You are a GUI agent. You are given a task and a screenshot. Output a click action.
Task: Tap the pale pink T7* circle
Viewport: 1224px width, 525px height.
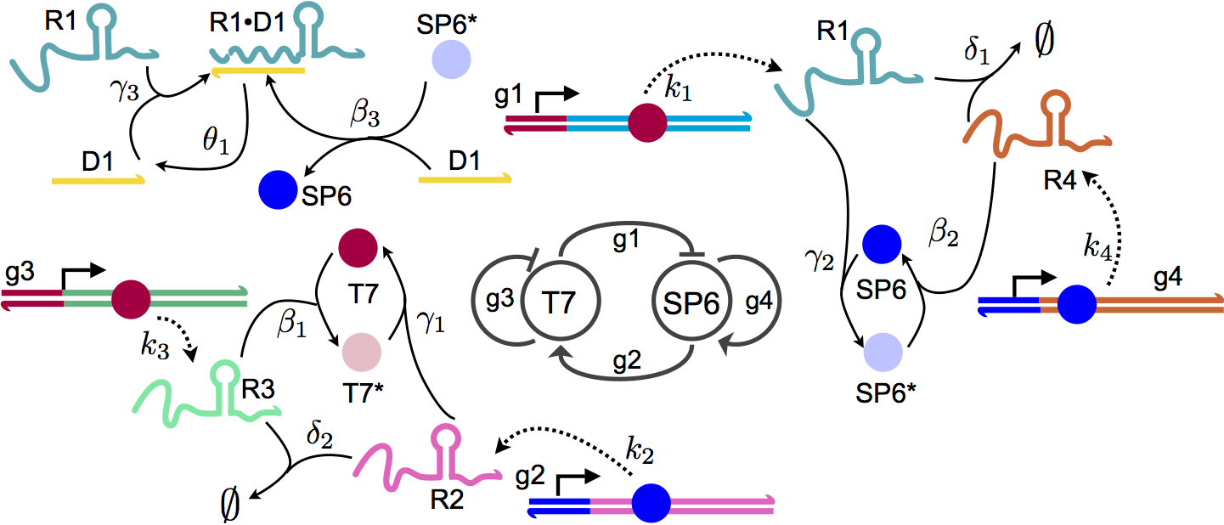tap(361, 350)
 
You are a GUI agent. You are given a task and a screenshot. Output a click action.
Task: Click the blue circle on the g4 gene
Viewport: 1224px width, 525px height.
tap(1076, 302)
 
